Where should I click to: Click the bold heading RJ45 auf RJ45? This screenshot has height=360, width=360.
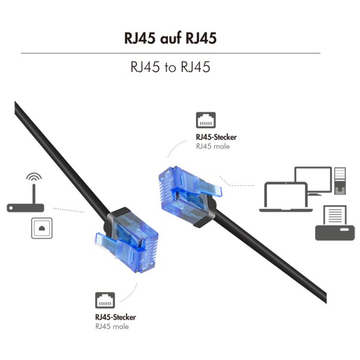pos(170,38)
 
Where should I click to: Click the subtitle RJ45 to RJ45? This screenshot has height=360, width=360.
pos(170,67)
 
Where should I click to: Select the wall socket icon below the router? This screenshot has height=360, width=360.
pos(41,228)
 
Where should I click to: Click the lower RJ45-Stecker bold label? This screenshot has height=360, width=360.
pos(115,317)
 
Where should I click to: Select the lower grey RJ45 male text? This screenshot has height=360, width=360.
pos(112,326)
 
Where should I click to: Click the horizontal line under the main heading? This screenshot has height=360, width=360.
pos(170,53)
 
